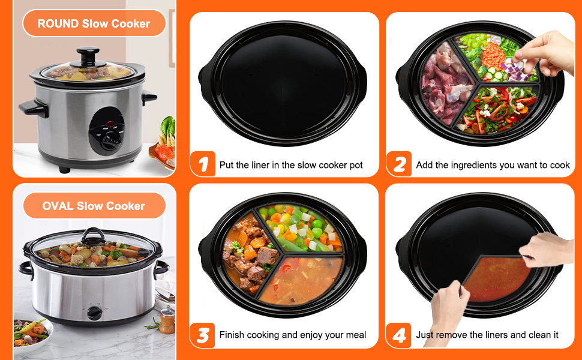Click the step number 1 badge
click(x=203, y=164)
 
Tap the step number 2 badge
click(x=400, y=164)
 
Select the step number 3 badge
click(x=203, y=335)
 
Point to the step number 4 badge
click(x=400, y=335)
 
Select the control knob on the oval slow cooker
click(x=94, y=312)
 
